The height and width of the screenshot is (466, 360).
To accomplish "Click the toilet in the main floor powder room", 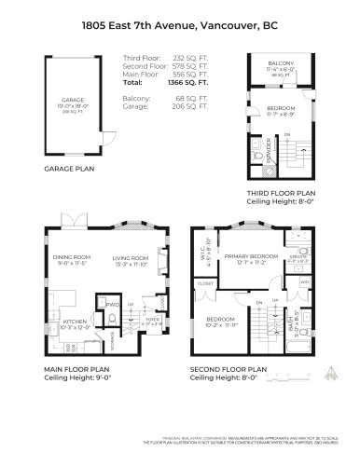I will tap(112, 317).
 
